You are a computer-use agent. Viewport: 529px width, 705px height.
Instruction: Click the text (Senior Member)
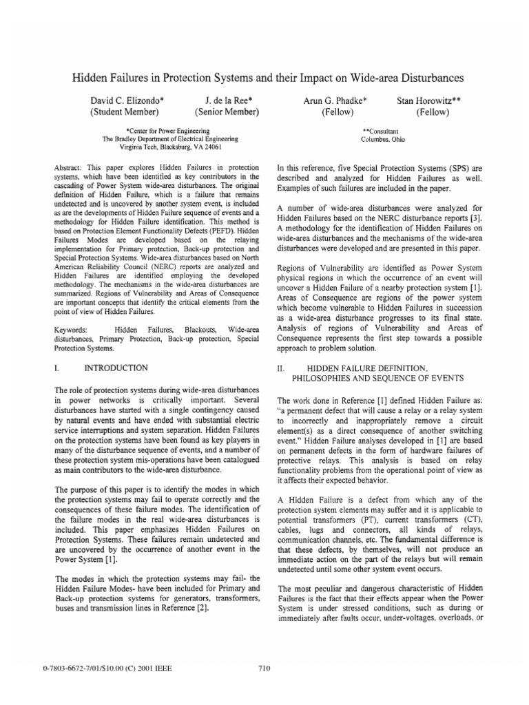pyautogui.click(x=227, y=112)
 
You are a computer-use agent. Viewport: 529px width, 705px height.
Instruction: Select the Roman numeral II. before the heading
pyautogui.click(x=280, y=369)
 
